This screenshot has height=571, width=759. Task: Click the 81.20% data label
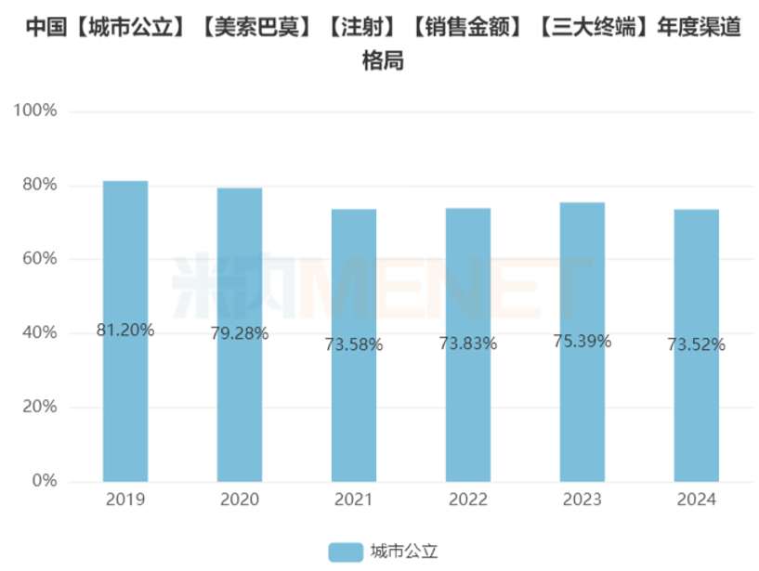(x=125, y=330)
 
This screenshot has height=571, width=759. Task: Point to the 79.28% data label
(x=240, y=333)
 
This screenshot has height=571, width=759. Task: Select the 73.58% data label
(x=354, y=344)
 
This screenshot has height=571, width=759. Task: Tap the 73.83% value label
(x=468, y=344)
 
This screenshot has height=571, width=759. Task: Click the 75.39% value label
(x=582, y=341)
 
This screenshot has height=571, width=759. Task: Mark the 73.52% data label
(x=696, y=344)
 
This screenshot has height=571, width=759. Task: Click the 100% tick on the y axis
(x=36, y=111)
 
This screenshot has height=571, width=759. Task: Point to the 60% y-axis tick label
(x=40, y=259)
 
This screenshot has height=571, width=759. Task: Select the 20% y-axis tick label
(x=40, y=408)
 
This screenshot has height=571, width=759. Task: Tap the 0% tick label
(x=45, y=481)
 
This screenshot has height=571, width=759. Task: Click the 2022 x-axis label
(x=468, y=500)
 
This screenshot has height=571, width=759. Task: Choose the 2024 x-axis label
(x=696, y=500)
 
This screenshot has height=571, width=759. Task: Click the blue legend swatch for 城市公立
(x=346, y=552)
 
